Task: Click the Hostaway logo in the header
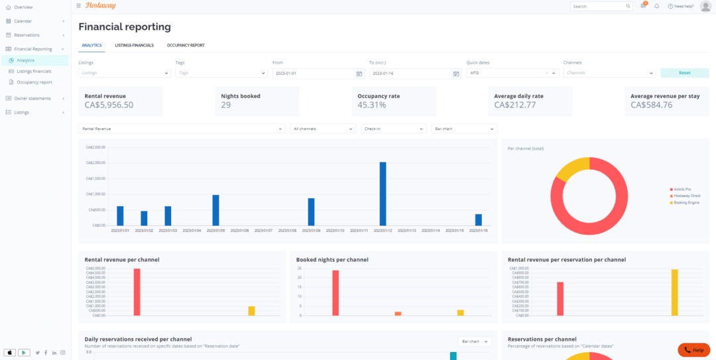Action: (x=101, y=6)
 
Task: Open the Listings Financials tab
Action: (x=134, y=46)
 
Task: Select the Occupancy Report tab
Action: (x=186, y=46)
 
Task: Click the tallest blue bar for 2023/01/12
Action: (x=383, y=194)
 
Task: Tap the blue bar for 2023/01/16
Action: (x=479, y=219)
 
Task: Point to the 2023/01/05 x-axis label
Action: (x=215, y=231)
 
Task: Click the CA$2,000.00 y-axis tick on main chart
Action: (x=96, y=163)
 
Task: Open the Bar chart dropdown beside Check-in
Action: (x=463, y=129)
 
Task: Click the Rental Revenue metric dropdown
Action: (x=182, y=129)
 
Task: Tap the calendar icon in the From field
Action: (x=359, y=74)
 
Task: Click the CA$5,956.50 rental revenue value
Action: (x=109, y=105)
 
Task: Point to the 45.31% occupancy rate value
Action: (x=372, y=105)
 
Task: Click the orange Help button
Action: (x=693, y=349)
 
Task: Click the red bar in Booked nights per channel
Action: (x=335, y=292)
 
